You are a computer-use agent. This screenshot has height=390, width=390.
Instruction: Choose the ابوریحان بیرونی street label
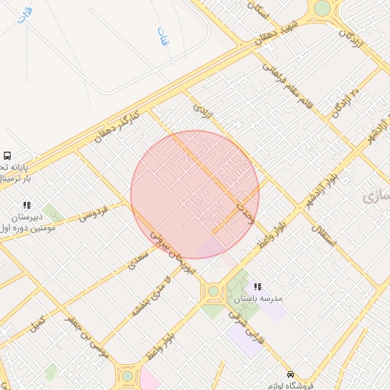pos(172,253)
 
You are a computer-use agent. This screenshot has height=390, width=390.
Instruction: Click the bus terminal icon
pos(7,155)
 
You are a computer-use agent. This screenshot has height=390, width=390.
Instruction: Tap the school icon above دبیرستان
pos(27,205)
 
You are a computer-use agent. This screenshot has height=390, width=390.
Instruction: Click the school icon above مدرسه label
pos(257,287)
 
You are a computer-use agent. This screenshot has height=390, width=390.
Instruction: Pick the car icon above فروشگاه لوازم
pos(290,374)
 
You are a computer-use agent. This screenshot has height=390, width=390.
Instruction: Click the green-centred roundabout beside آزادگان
pos(322,8)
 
